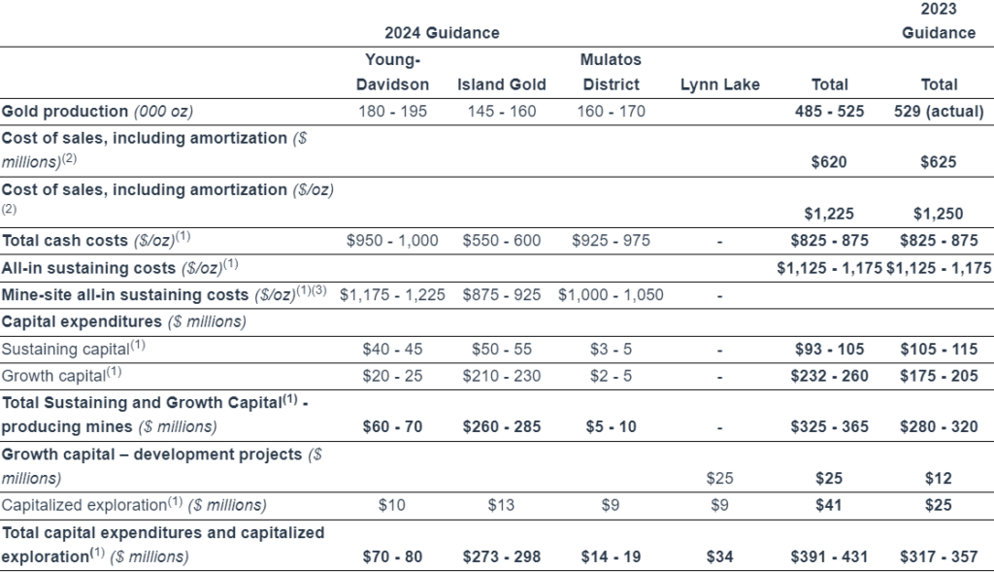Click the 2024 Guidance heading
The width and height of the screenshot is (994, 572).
[442, 33]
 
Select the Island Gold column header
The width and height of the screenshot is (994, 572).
[502, 84]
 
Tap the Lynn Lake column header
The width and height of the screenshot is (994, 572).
[719, 84]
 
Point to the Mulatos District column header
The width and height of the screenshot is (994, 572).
[612, 72]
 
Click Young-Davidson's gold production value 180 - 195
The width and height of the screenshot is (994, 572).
[392, 111]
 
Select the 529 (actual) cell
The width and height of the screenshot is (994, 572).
[939, 111]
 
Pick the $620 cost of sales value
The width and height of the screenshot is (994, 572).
[829, 162]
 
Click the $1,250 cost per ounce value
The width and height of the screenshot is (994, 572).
[939, 214]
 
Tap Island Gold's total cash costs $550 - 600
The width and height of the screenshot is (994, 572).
[502, 240]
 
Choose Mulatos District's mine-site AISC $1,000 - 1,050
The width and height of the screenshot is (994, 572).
[611, 295]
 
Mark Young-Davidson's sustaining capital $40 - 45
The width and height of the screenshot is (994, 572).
[392, 349]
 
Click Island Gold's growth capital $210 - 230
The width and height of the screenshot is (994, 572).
[502, 376]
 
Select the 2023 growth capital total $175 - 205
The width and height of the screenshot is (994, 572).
[939, 376]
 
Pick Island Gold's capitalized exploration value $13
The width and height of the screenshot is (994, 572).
[501, 505]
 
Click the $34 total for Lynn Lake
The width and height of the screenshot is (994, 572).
[719, 556]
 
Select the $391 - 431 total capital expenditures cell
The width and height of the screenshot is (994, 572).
[829, 556]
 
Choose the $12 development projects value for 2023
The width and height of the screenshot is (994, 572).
[939, 478]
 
